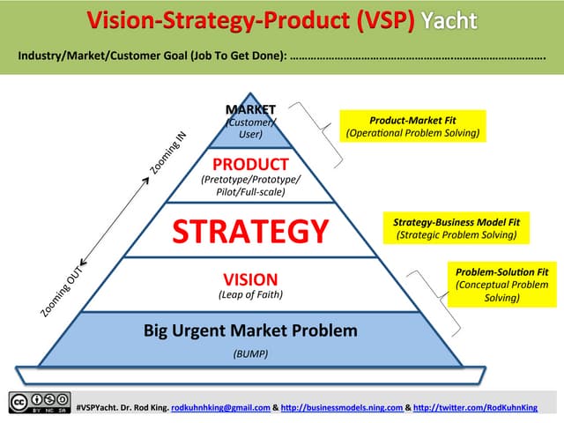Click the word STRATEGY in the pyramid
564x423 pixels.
coord(250,231)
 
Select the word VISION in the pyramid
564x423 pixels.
coord(250,278)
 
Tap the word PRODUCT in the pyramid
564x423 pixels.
coord(250,165)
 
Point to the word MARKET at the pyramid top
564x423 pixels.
coord(250,109)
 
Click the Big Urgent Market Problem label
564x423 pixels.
coord(250,331)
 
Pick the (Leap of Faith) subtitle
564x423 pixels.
coord(250,295)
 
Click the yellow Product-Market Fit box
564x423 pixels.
coord(412,126)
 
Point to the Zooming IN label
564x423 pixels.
coord(168,152)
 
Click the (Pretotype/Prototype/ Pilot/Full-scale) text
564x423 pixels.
coord(250,186)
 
